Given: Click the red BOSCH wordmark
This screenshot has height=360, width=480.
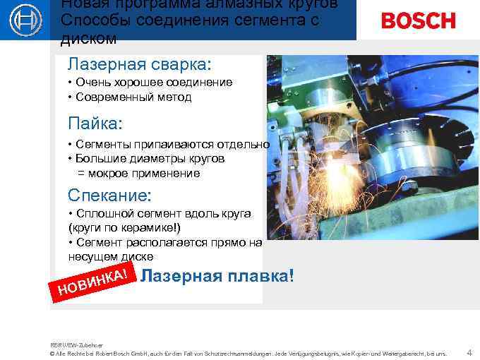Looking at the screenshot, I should click(x=418, y=20).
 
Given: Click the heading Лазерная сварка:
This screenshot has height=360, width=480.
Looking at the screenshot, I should click(x=139, y=64).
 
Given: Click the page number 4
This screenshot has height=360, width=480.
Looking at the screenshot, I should click(x=469, y=352).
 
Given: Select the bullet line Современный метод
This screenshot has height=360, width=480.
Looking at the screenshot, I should click(x=133, y=97).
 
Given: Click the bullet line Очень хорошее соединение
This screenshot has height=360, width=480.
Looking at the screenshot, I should click(x=153, y=83).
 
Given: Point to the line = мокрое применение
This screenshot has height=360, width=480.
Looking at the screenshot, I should click(x=138, y=173).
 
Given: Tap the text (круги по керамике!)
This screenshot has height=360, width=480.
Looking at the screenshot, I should click(x=124, y=228).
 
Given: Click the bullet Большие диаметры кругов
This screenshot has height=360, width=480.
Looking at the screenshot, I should click(x=149, y=159).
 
